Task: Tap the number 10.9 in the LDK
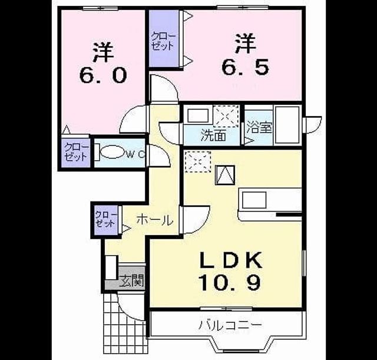point(230,282)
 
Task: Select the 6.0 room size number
point(103,75)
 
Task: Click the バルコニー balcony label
point(230,325)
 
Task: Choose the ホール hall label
point(155,220)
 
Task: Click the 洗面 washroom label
point(213,136)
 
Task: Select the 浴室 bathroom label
point(260,128)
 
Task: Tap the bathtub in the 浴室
point(287,125)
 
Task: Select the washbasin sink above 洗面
point(198,115)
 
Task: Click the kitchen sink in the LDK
point(254,200)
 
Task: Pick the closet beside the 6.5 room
point(164,38)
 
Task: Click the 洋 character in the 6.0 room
point(104,52)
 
